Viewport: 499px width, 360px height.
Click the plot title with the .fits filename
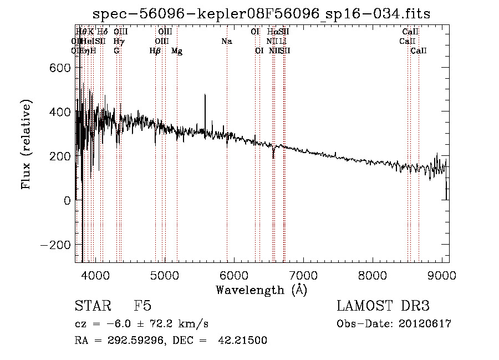coord(261,13)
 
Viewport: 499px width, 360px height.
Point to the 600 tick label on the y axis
coord(59,68)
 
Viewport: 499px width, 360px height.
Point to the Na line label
coord(226,41)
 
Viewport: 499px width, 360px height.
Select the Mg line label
coord(177,51)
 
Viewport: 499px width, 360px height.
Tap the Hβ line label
coord(155,51)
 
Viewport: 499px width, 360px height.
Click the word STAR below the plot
coord(91,306)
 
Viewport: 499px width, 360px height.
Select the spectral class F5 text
coord(142,306)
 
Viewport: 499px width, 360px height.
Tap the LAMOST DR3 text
coord(383,306)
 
